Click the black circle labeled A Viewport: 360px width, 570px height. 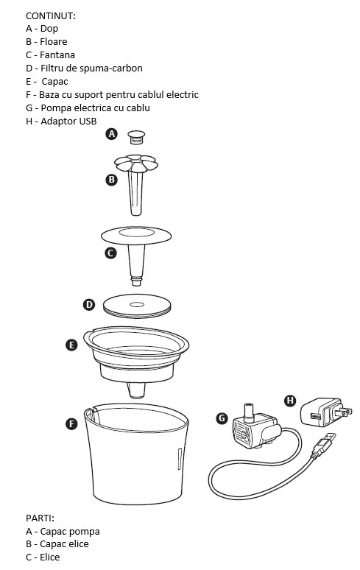point(111,134)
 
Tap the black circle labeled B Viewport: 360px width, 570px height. point(111,180)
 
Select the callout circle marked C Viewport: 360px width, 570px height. point(110,253)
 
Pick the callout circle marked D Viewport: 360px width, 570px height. point(89,305)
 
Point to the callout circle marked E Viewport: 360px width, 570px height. point(71,345)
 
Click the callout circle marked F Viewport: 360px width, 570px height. point(71,423)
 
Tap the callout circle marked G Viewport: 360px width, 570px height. point(222,418)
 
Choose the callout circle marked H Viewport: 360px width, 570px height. point(290,401)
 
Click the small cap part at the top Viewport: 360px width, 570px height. point(136,137)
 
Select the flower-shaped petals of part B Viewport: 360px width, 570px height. point(136,163)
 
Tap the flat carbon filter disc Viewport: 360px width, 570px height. point(137,305)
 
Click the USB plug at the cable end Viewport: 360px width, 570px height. point(322,445)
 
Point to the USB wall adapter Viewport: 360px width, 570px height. point(325,412)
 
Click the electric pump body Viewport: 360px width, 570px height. point(254,427)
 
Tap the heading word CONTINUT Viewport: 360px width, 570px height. point(51,16)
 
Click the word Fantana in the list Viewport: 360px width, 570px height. point(57,55)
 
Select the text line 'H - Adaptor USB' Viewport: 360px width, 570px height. point(61,121)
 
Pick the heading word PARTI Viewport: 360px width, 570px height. point(40,518)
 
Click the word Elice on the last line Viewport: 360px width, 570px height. point(50,557)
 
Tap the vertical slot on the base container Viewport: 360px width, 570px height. point(180,459)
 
